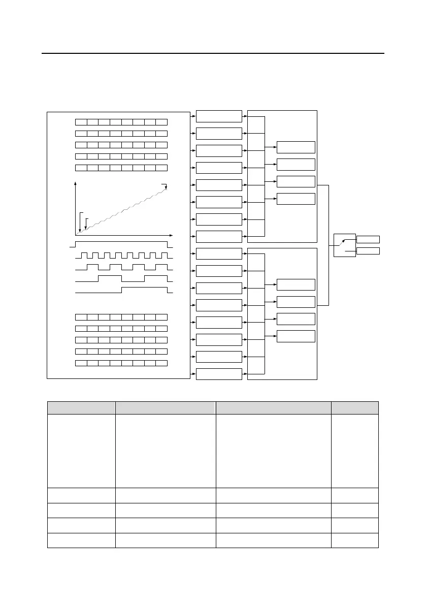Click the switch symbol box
click(x=345, y=245)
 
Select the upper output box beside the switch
click(x=368, y=239)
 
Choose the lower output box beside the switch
click(x=368, y=251)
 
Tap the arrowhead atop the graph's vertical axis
click(x=76, y=182)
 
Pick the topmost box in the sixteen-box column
click(x=219, y=116)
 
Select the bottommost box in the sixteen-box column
click(x=219, y=374)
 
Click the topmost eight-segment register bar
click(x=121, y=122)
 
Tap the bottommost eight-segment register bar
click(x=121, y=363)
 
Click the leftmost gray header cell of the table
click(x=81, y=408)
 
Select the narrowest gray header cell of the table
click(x=354, y=408)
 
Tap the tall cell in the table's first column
click(x=81, y=451)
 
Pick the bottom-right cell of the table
click(x=354, y=540)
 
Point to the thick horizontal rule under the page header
click(x=213, y=53)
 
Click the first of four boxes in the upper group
click(x=296, y=147)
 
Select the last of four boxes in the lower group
click(x=296, y=336)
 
